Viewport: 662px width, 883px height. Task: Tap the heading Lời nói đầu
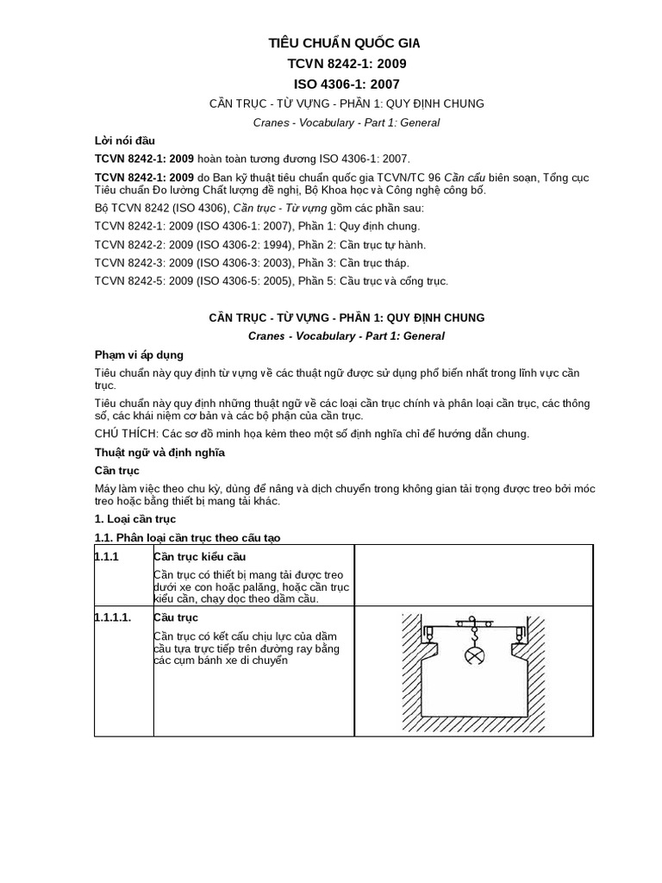point(124,141)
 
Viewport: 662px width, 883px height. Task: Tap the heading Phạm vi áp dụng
point(138,355)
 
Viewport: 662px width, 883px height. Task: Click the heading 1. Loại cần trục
point(134,518)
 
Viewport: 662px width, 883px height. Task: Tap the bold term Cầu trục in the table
point(176,618)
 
